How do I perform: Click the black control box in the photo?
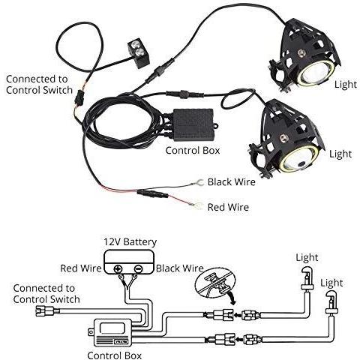click(x=193, y=124)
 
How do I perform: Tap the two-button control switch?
click(x=139, y=52)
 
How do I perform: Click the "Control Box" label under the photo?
click(x=193, y=151)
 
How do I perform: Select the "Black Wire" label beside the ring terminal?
click(x=232, y=181)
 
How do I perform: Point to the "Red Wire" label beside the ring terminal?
click(x=228, y=207)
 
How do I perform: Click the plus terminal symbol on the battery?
click(x=118, y=269)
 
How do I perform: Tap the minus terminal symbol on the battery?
click(x=138, y=269)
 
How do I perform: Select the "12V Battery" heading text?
click(x=130, y=241)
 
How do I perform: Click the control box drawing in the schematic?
click(x=112, y=333)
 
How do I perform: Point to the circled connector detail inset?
click(x=216, y=283)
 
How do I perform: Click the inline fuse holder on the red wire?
click(x=152, y=193)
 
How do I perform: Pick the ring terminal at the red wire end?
click(x=196, y=205)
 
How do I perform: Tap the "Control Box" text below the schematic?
click(x=115, y=355)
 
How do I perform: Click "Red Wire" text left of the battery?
click(x=81, y=268)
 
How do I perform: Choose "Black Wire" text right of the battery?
click(x=180, y=268)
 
